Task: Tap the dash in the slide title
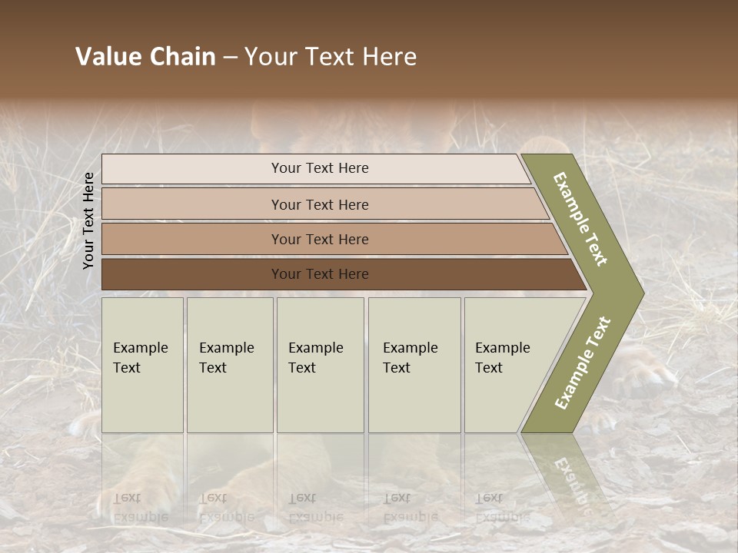pos(231,58)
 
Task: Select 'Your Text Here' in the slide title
pos(331,57)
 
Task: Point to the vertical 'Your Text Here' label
pos(88,220)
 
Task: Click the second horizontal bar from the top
pos(319,204)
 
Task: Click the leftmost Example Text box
pos(142,364)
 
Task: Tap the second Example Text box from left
pos(229,364)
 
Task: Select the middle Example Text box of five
pos(320,364)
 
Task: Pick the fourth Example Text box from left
pos(414,364)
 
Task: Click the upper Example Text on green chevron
pos(580,219)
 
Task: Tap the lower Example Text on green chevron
pos(582,363)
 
